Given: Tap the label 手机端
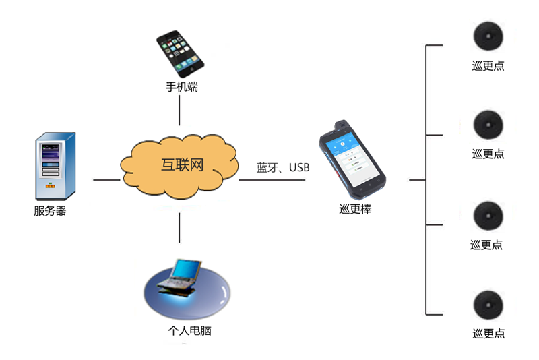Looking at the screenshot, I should click(181, 87).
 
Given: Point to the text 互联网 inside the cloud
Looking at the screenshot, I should click(182, 165).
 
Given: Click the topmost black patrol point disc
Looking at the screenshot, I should click(488, 36).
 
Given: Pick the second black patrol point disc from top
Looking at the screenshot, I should click(488, 125).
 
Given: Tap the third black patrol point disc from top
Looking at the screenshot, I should click(487, 216).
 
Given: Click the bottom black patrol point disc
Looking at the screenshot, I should click(488, 304).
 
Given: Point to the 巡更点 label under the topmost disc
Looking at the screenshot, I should click(488, 65).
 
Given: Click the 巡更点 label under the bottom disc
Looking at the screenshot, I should click(488, 333).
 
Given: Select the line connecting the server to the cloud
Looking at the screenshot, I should click(106, 180).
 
